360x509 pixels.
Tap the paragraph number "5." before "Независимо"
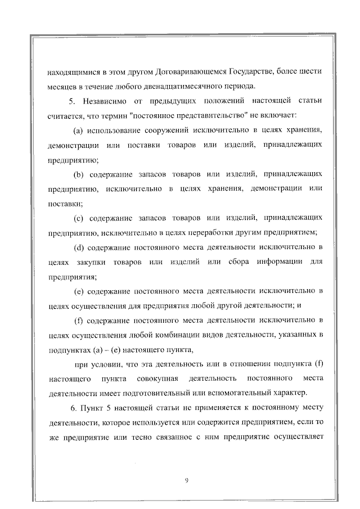point(71,101)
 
